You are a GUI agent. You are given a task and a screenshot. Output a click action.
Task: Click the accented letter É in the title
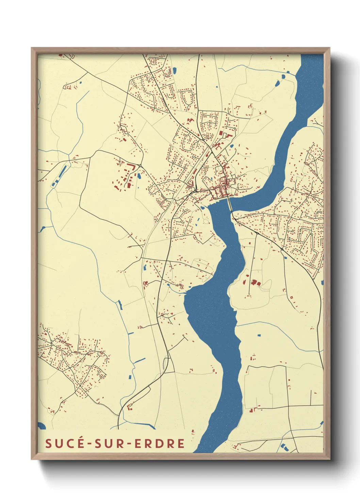(x=80, y=443)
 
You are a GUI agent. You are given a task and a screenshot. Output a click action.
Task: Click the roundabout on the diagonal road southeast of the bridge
(x=282, y=250)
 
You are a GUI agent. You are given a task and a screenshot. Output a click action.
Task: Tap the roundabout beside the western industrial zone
(x=140, y=166)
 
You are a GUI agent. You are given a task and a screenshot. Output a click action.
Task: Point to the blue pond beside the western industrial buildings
(x=139, y=176)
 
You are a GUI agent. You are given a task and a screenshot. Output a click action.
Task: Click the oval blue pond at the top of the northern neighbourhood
(x=175, y=71)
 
